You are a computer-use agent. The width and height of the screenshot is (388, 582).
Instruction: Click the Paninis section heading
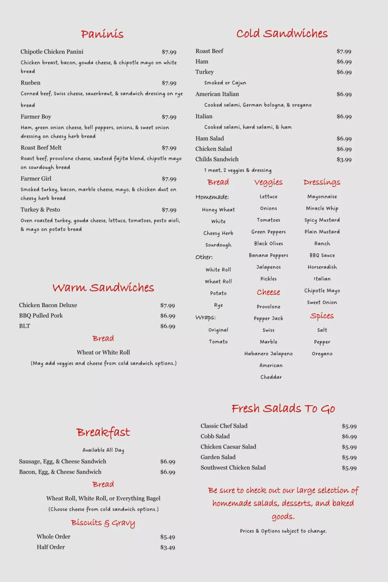[x=102, y=34]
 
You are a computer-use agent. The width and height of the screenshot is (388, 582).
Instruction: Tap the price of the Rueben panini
[x=169, y=83]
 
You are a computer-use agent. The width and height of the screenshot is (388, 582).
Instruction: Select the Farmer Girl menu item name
[x=36, y=179]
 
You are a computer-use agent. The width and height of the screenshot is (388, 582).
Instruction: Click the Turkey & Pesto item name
[x=40, y=209]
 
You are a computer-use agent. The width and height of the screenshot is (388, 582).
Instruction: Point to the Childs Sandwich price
[x=344, y=160]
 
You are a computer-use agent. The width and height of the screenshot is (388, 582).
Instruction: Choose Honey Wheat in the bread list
[x=218, y=210]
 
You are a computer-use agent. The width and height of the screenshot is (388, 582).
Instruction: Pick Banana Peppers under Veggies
[x=268, y=255]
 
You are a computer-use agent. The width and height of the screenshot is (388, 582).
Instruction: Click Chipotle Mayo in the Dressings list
[x=322, y=291]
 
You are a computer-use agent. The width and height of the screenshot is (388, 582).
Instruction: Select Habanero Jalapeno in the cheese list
[x=268, y=354]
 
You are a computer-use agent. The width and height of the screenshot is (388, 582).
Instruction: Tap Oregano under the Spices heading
[x=322, y=354]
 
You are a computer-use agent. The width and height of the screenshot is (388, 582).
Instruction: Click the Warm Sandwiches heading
[x=103, y=287]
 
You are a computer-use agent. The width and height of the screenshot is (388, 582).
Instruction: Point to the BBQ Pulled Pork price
[x=167, y=316]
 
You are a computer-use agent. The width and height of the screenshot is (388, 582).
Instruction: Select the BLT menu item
[x=25, y=326]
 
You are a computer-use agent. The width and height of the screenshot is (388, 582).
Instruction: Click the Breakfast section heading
[x=103, y=432]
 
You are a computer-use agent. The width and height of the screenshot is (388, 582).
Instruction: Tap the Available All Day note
[x=103, y=450]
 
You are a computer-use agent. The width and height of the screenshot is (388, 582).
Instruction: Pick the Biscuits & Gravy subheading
[x=103, y=523]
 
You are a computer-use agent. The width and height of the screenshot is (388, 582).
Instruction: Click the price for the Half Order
[x=167, y=548]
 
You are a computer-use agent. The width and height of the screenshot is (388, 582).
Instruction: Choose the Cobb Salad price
[x=349, y=437]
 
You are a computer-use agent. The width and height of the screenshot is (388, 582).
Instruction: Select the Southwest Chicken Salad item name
[x=233, y=468]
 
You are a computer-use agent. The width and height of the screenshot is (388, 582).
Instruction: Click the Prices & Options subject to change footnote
[x=283, y=531]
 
